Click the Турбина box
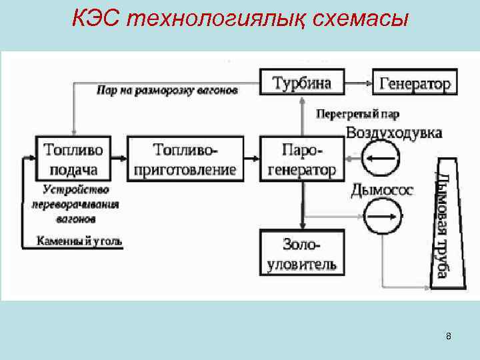pos(301,83)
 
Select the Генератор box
pos(415,83)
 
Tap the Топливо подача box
pos(74,157)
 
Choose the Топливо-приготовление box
pos(185,158)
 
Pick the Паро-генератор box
pos(301,158)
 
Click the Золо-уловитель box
pos(301,253)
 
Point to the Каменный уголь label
pos(79,241)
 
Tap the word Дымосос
pos(382,190)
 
